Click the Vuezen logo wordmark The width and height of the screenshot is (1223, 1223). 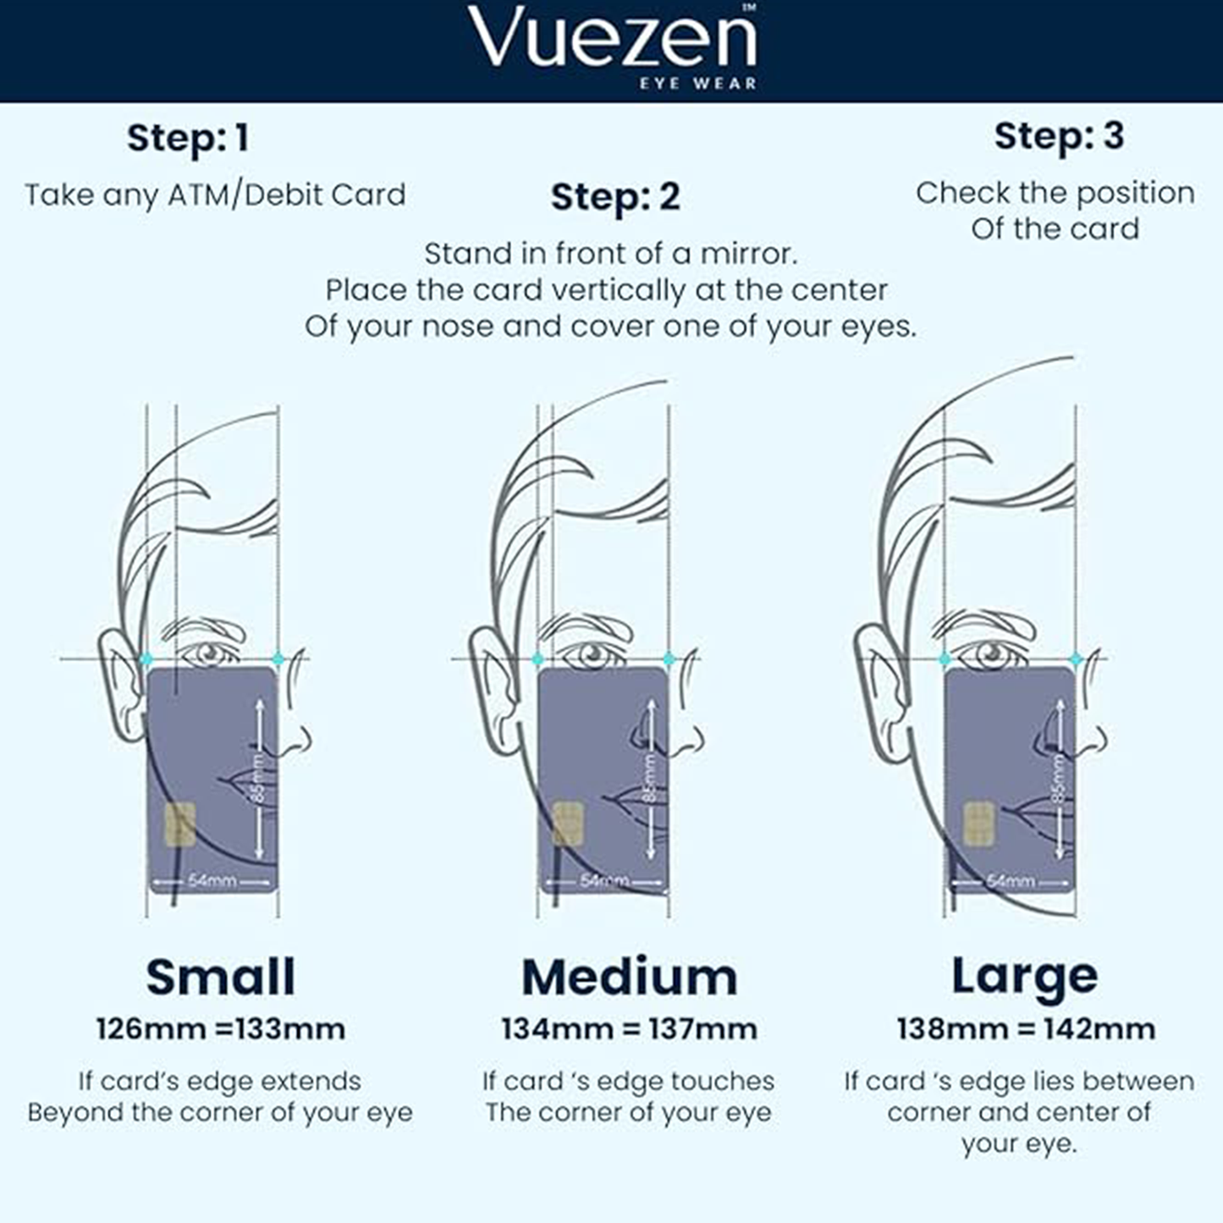612,39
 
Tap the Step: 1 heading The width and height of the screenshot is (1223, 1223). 188,138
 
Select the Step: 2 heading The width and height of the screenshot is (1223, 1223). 615,196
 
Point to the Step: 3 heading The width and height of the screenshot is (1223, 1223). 1059,135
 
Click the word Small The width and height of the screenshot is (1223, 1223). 221,977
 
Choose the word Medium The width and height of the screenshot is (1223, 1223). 630,978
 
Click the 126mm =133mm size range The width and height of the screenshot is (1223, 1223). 221,1029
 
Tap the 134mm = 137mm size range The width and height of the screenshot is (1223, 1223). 630,1029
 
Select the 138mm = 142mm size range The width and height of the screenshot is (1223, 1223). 1027,1029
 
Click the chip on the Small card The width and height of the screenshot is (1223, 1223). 180,824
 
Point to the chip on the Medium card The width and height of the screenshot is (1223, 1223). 569,824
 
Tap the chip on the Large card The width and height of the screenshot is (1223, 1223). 978,824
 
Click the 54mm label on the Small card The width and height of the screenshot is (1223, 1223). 212,881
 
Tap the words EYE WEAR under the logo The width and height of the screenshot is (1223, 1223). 698,83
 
